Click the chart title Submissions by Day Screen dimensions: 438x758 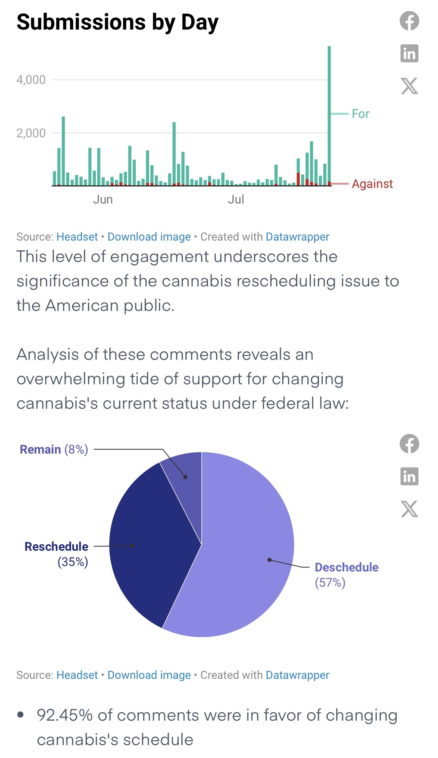(117, 22)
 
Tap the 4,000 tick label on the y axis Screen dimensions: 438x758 (31, 80)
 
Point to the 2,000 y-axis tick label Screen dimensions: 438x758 (31, 133)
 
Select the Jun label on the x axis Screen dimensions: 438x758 (103, 199)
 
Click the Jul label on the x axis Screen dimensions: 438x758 (236, 199)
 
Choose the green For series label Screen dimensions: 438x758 (361, 114)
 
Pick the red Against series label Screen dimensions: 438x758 (372, 184)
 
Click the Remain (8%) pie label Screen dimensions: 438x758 (54, 449)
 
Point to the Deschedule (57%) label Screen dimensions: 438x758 (347, 575)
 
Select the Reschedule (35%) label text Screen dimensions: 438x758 (56, 554)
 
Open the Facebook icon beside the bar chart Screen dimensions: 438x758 (409, 21)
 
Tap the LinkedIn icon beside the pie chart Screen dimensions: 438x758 (409, 476)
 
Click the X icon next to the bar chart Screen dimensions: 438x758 (409, 86)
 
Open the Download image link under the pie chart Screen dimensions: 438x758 (149, 675)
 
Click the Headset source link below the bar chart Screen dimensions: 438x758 (77, 237)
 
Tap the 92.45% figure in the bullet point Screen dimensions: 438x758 (65, 715)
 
